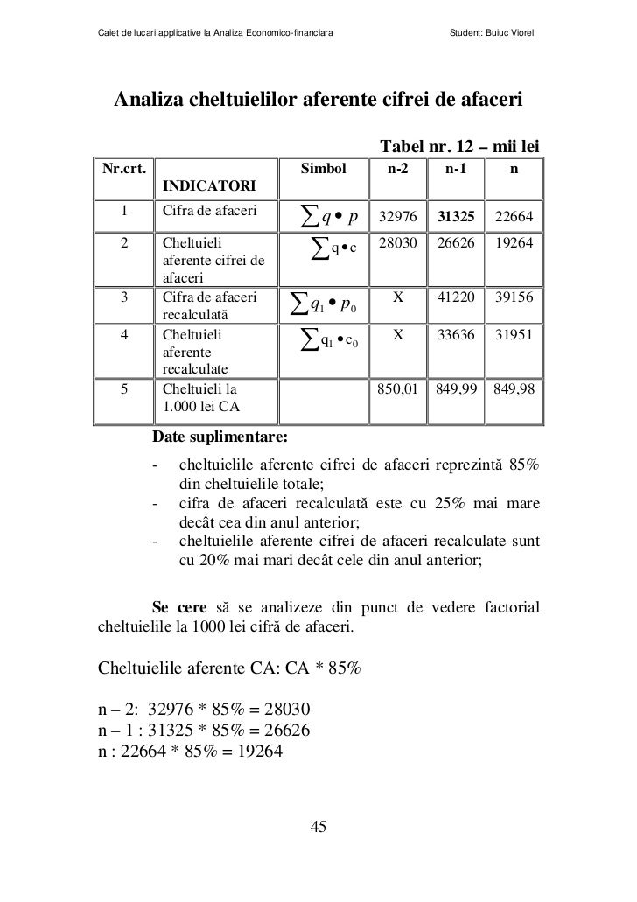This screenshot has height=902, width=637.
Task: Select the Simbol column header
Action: [x=324, y=166]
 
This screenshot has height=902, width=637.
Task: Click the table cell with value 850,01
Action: [x=396, y=388]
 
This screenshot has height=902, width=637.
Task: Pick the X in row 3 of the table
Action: [x=396, y=297]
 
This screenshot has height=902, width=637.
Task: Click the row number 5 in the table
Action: [x=126, y=388]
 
